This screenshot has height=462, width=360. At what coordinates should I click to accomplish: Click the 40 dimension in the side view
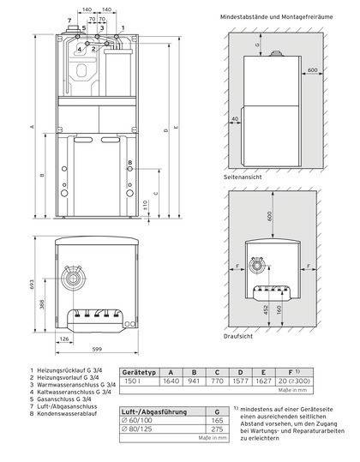click(x=235, y=121)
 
